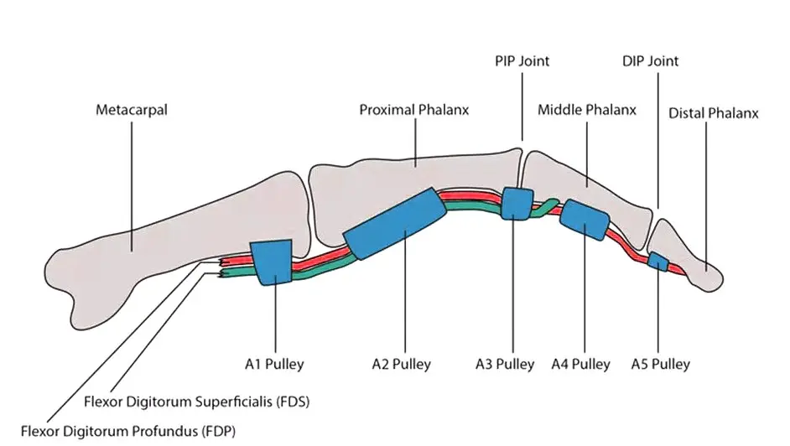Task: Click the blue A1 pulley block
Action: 272,262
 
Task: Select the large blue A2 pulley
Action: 395,224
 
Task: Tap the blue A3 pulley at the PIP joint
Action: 517,204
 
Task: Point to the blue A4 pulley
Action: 585,220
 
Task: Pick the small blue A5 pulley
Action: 657,262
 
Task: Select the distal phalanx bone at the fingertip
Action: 686,256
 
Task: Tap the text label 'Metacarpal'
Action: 132,110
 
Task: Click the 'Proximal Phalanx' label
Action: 414,110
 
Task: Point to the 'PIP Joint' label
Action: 522,61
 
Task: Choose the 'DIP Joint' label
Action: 651,61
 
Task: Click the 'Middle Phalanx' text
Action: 587,110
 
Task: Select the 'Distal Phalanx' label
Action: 714,113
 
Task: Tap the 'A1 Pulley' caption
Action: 274,364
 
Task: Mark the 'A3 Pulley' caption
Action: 505,364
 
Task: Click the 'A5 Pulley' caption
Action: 661,364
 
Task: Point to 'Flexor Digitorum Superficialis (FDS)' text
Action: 196,402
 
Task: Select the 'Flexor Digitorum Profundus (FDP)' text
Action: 128,432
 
